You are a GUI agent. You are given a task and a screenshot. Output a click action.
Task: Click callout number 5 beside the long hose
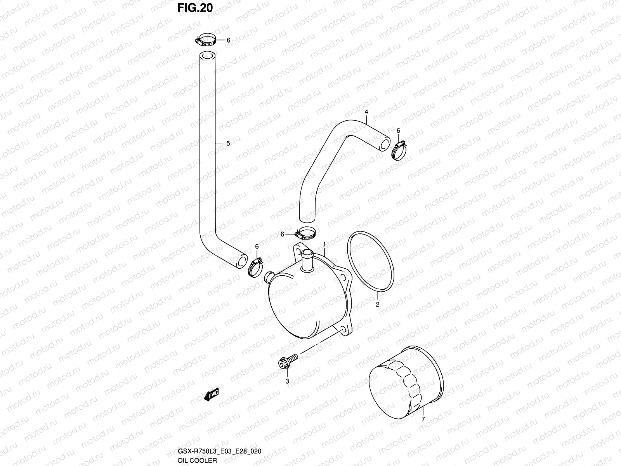pyautogui.click(x=228, y=143)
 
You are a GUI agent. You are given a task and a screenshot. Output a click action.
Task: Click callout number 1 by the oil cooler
pyautogui.click(x=324, y=244)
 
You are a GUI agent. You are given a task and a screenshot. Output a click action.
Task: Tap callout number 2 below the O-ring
pyautogui.click(x=377, y=304)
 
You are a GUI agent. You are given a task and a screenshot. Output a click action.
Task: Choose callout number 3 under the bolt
pyautogui.click(x=287, y=381)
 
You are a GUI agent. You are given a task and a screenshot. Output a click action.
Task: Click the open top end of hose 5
pyautogui.click(x=208, y=56)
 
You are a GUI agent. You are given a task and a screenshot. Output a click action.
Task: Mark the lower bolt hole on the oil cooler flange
pyautogui.click(x=343, y=330)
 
